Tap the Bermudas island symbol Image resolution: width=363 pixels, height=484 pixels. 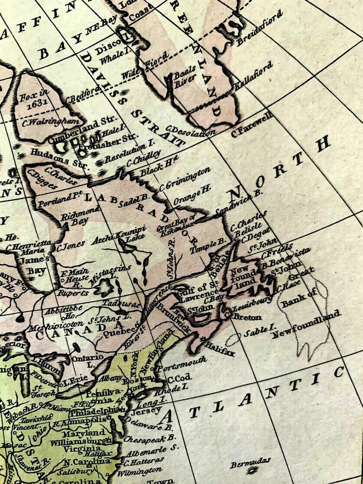(x=252, y=470)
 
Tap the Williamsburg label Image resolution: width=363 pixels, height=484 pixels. (x=87, y=441)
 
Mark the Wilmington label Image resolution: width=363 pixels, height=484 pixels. (x=140, y=471)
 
